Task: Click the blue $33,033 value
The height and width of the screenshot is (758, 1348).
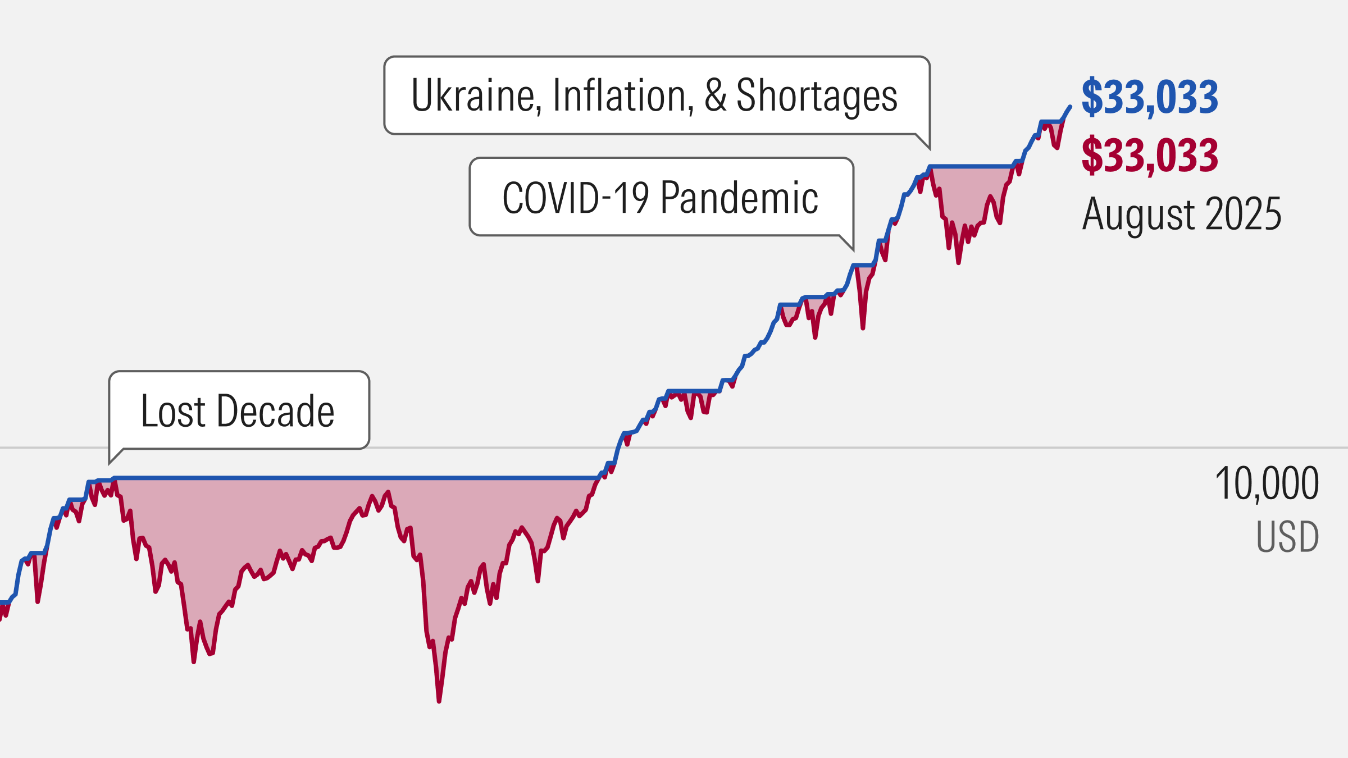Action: pos(1149,98)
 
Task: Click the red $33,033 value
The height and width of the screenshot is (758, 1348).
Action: pos(1149,156)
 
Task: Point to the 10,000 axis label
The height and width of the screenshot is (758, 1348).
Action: pos(1267,483)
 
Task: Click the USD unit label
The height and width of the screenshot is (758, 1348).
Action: pos(1287,537)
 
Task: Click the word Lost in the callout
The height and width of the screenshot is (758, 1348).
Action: pos(174,411)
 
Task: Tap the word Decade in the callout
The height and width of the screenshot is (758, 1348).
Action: pos(275,411)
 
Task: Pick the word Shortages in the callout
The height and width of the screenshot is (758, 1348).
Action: pos(817,95)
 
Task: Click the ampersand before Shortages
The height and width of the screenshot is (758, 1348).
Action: pos(716,95)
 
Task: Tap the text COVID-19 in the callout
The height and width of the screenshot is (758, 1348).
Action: pos(575,198)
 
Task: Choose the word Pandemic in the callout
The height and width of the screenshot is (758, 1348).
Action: pos(739,198)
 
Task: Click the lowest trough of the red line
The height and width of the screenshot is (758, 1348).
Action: pos(439,701)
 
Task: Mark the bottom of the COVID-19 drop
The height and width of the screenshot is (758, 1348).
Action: pos(863,328)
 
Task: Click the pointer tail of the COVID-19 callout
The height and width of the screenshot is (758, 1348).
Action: pos(850,246)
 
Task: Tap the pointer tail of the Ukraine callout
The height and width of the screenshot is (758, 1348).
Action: pos(927,145)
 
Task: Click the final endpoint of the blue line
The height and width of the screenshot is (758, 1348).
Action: pos(1070,107)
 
